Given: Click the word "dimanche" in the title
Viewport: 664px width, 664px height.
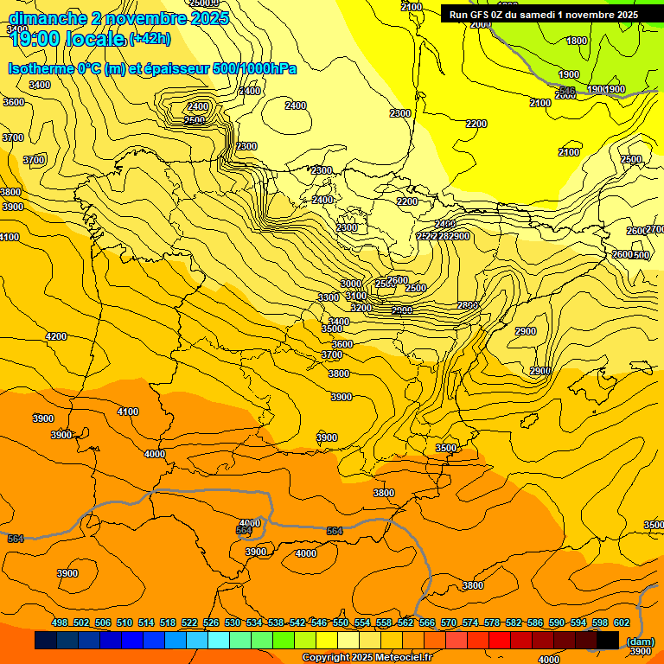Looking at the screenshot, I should click(x=48, y=18).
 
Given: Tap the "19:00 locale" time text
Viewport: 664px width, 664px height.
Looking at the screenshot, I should click(x=67, y=39).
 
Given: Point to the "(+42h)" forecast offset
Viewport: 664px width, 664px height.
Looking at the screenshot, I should click(x=150, y=40).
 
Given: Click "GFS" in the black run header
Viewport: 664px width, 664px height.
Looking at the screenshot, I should click(x=483, y=15).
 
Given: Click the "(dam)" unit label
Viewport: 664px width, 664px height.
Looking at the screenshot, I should click(x=640, y=642).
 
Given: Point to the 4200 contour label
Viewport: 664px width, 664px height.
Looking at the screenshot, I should click(x=56, y=336).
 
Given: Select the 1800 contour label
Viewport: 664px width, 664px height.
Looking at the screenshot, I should click(x=577, y=41).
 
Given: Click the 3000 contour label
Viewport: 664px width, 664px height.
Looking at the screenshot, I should click(x=350, y=284).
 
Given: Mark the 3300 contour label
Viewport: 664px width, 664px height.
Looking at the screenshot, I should click(x=329, y=297).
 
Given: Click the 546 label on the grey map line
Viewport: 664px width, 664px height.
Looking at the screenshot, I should click(x=567, y=91).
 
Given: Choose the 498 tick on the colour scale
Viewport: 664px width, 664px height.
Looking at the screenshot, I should click(x=60, y=622).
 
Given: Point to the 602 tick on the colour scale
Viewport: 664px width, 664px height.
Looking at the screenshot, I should click(x=622, y=622).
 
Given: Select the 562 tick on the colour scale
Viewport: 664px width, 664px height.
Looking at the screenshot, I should click(x=405, y=622).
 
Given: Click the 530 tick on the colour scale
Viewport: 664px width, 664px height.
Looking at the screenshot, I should click(x=233, y=622).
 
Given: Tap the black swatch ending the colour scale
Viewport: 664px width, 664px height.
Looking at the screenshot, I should click(x=608, y=641).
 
